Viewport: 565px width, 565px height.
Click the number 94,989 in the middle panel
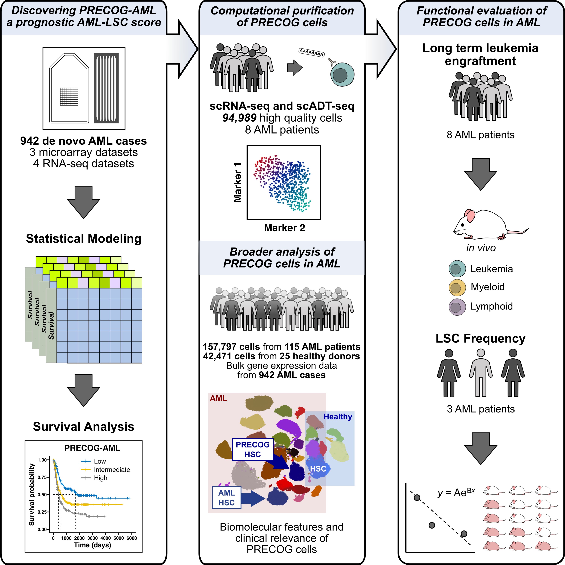[x=239, y=118]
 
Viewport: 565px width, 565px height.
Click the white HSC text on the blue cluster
[x=318, y=469]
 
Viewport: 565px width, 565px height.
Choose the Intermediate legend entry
[x=112, y=470]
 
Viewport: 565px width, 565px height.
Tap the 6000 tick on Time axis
[x=132, y=538]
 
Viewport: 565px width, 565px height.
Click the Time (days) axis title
[x=92, y=545]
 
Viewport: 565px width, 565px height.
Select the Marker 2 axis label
[x=284, y=228]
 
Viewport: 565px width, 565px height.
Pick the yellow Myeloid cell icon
[x=457, y=287]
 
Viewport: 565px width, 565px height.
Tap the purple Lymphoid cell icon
[x=457, y=307]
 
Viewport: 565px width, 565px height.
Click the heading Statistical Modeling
[x=84, y=239]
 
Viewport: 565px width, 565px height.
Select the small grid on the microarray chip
[x=69, y=96]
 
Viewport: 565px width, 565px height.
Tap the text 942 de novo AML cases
[x=84, y=141]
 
